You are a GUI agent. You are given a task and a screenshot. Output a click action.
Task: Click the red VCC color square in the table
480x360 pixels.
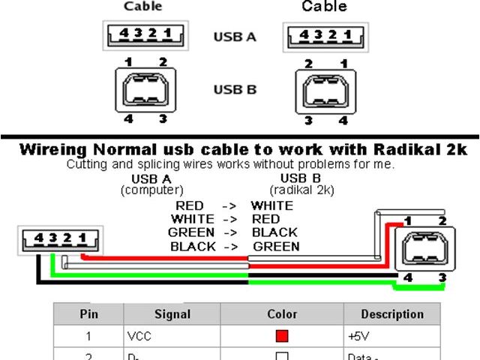click(282, 337)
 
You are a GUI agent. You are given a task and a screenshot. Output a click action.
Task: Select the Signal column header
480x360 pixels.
click(172, 314)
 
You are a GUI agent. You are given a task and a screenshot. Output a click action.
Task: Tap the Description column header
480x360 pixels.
click(392, 314)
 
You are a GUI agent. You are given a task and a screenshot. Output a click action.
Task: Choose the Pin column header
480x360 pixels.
click(88, 314)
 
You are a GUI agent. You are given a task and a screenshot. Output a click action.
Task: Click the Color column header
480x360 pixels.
click(282, 314)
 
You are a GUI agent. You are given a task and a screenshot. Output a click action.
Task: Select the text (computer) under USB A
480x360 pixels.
click(151, 190)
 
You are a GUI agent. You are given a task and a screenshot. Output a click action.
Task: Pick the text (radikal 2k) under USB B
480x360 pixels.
click(301, 190)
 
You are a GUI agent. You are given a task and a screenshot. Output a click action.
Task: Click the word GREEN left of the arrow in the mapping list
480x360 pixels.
click(191, 232)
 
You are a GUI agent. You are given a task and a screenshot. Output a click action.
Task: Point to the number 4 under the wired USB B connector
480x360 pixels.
click(407, 278)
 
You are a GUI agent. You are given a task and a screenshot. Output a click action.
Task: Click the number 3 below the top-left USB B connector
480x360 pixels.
click(162, 118)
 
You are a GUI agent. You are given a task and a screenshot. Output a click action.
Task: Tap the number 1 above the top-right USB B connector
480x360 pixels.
click(343, 64)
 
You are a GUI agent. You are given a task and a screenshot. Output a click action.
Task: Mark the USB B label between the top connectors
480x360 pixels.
click(235, 90)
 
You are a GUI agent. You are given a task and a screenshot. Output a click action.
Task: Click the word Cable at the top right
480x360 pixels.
click(324, 7)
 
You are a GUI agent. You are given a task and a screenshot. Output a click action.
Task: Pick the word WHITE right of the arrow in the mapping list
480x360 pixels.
click(271, 205)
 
